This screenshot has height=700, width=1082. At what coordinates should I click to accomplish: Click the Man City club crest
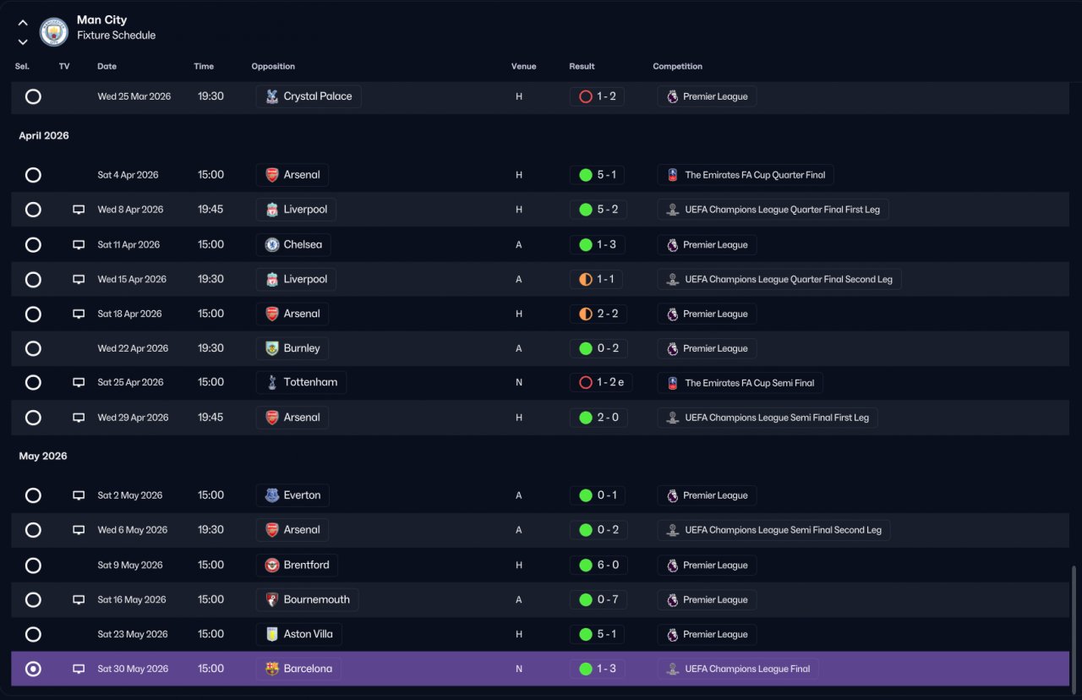click(x=53, y=32)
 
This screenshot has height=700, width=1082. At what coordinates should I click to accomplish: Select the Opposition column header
click(x=273, y=66)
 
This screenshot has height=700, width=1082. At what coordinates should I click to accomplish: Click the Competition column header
click(x=677, y=66)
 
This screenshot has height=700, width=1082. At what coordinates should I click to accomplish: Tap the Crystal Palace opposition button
click(x=309, y=96)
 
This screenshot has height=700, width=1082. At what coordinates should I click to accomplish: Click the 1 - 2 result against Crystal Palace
click(x=597, y=96)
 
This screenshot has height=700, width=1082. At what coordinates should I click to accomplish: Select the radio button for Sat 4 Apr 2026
click(x=33, y=175)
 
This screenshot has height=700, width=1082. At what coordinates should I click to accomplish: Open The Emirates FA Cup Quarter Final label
click(x=746, y=175)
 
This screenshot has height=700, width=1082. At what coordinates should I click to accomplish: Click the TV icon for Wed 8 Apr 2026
click(x=79, y=210)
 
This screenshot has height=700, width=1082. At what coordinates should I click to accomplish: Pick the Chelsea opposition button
click(x=293, y=244)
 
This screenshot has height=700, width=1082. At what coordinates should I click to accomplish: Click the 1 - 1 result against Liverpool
click(x=596, y=279)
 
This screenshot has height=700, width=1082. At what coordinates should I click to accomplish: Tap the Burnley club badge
click(x=272, y=348)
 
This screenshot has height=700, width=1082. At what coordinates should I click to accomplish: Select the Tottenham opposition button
click(x=301, y=382)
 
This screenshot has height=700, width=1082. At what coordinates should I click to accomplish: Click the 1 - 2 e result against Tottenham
click(x=601, y=382)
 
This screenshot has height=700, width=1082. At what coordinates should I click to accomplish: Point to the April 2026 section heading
click(x=44, y=136)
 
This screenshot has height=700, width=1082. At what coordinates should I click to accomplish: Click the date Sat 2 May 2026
click(x=130, y=495)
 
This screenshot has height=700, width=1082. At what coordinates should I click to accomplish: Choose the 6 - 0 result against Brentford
click(x=598, y=565)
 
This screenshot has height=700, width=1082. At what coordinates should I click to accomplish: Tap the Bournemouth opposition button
click(x=307, y=599)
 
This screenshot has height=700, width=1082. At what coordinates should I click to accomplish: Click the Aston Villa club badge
click(x=272, y=634)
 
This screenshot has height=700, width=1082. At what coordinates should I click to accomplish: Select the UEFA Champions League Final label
click(x=738, y=669)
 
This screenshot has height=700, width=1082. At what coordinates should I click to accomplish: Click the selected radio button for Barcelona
click(x=33, y=669)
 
